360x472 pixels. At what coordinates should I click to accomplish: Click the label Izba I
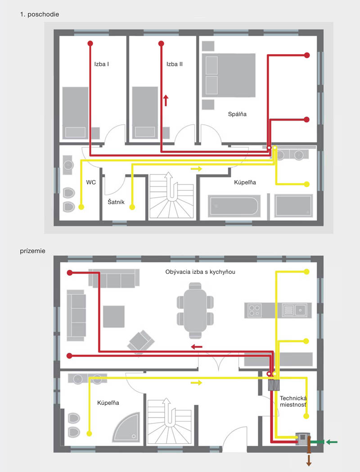(101, 64)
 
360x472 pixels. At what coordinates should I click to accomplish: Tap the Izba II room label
(175, 64)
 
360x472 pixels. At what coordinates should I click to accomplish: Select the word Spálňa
(237, 114)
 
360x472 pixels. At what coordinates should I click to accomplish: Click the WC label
(91, 182)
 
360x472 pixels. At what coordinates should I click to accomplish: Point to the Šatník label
(116, 202)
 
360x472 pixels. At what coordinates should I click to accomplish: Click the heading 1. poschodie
(40, 14)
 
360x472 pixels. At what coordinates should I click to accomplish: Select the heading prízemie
(32, 251)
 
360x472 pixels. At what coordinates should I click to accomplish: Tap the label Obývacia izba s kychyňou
(200, 272)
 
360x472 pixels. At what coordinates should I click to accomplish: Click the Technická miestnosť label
(293, 401)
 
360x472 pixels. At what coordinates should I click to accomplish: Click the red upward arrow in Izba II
(166, 100)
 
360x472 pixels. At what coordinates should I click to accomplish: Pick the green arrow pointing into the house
(332, 442)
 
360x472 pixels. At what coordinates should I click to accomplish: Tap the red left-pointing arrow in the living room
(197, 347)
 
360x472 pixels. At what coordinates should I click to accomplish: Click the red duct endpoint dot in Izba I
(90, 43)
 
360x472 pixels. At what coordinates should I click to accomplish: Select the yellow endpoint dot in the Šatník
(132, 207)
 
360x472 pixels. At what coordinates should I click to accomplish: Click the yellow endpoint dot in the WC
(81, 207)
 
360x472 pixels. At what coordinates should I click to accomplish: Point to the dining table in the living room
(195, 310)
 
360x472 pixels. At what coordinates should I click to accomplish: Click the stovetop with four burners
(254, 310)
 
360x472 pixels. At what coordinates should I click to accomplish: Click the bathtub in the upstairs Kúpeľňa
(234, 206)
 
